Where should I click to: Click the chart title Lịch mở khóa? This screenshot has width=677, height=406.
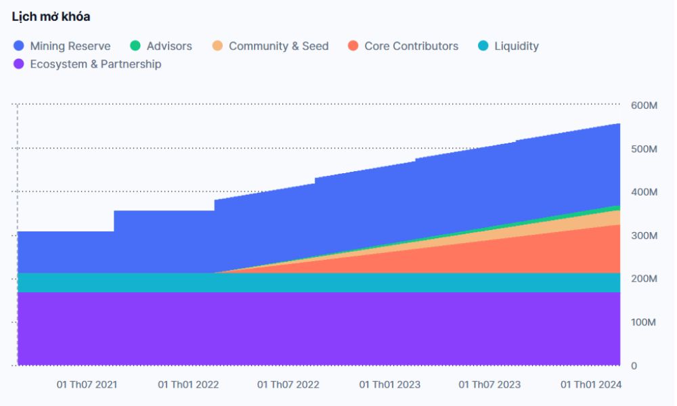51,17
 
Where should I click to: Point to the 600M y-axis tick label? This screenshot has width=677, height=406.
644,106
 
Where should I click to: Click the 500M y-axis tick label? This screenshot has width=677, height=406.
644,149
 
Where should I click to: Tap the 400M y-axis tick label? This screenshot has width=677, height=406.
644,192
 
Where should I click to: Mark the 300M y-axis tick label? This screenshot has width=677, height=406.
644,235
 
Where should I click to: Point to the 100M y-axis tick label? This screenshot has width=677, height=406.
644,322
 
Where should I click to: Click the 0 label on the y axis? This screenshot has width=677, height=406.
634,365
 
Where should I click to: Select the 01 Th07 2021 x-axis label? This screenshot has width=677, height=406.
87,384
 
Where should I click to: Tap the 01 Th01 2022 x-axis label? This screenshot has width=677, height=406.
188,384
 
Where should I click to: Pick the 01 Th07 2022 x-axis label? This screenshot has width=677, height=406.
288,384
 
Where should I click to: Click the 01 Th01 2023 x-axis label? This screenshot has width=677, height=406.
389,384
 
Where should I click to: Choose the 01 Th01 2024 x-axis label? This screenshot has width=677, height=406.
591,384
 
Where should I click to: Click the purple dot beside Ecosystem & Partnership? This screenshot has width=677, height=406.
19,64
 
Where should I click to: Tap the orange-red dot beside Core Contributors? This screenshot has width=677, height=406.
353,46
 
